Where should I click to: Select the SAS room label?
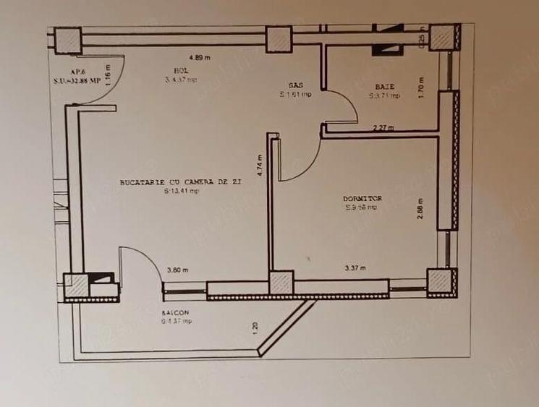click(x=295, y=85)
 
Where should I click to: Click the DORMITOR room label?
click(x=362, y=198)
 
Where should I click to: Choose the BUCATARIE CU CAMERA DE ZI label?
click(x=179, y=183)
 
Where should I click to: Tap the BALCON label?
click(x=176, y=312)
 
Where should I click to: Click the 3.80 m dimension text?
click(x=177, y=270)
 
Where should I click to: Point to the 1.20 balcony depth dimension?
click(x=255, y=327)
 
